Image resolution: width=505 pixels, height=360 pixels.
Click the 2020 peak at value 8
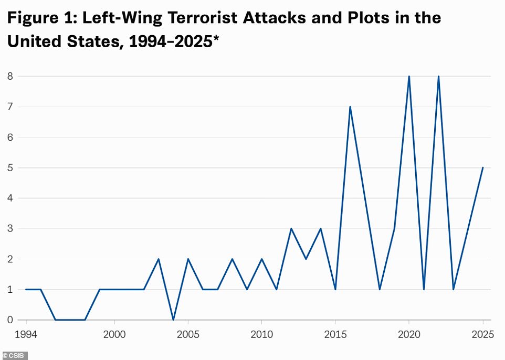409,77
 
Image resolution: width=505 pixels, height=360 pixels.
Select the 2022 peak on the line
438,77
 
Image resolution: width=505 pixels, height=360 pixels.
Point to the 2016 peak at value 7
350,107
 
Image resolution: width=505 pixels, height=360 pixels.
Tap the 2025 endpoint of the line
483,168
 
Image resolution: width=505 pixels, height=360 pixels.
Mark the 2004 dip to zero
173,320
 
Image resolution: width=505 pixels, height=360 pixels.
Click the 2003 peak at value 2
159,259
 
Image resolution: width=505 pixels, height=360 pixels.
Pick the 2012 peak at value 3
291,229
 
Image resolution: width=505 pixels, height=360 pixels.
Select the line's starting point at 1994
26,289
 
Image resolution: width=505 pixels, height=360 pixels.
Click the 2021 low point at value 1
424,289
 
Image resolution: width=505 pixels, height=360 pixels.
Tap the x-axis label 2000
114,334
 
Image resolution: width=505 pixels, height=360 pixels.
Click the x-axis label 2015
335,334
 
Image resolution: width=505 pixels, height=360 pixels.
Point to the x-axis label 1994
26,334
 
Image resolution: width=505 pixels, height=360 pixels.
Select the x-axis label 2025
482,334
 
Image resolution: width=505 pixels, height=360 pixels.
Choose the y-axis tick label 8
10,77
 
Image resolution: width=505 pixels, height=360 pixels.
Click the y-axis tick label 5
10,168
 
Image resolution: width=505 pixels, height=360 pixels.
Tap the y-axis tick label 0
10,320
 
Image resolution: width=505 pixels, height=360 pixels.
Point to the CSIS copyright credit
14,355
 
